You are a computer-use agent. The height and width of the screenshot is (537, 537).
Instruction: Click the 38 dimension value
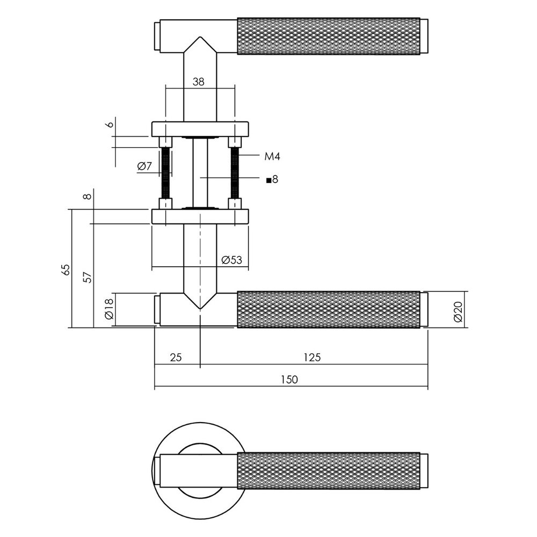pyautogui.click(x=198, y=82)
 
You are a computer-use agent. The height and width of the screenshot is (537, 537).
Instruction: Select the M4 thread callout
pyautogui.click(x=272, y=156)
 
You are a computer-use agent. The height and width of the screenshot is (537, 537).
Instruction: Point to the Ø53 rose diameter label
pyautogui.click(x=231, y=260)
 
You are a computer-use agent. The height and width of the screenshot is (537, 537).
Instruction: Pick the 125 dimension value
pyautogui.click(x=311, y=357)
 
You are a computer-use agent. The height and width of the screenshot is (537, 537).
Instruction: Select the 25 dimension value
pyautogui.click(x=176, y=357)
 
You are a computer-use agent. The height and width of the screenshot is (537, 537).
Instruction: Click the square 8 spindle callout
pyautogui.click(x=272, y=179)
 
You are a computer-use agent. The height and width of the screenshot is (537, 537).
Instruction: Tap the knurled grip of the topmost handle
pyautogui.click(x=328, y=37)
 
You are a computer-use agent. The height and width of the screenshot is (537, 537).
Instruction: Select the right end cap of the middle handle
pyautogui.click(x=424, y=309)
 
